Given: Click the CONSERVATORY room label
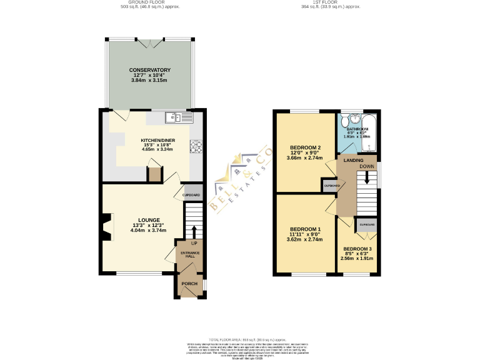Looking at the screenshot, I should pos(149,70).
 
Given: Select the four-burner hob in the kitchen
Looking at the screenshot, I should pos(196,146).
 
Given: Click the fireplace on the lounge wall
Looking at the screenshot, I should pos(107,227).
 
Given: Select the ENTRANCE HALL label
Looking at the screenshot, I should pos(188,254).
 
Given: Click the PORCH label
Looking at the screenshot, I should pos(189,284).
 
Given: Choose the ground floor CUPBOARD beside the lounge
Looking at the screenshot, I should pos(192,195).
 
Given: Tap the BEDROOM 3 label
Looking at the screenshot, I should pos(358,249).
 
